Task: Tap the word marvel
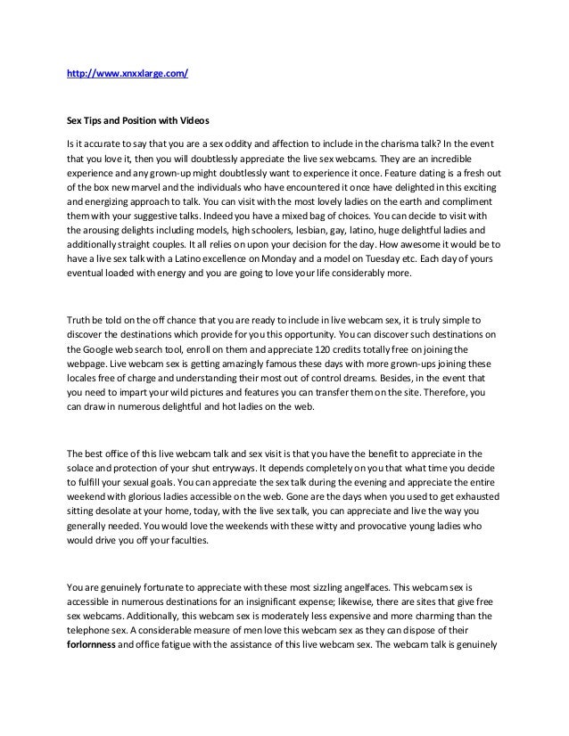(157, 192)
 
